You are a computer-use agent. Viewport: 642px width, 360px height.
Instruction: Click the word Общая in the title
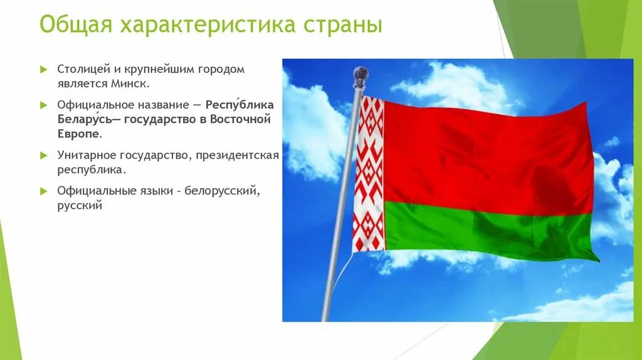76,25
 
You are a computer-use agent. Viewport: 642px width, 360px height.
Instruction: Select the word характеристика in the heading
208,25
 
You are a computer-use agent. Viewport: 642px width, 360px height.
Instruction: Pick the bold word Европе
78,134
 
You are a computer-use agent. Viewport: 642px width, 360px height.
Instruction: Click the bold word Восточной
240,119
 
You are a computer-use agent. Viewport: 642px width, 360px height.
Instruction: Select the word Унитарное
87,156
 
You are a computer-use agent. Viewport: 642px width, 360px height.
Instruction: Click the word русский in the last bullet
80,206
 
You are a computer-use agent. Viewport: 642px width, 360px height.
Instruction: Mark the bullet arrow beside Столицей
44,69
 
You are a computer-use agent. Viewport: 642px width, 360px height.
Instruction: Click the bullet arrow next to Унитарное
44,156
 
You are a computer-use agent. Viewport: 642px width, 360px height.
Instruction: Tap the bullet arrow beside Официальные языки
44,191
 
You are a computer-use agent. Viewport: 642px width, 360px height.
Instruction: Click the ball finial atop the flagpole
360,76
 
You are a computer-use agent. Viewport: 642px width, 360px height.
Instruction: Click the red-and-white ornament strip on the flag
369,174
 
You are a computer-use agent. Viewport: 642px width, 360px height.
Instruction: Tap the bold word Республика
239,105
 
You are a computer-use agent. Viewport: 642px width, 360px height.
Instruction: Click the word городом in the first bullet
221,69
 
